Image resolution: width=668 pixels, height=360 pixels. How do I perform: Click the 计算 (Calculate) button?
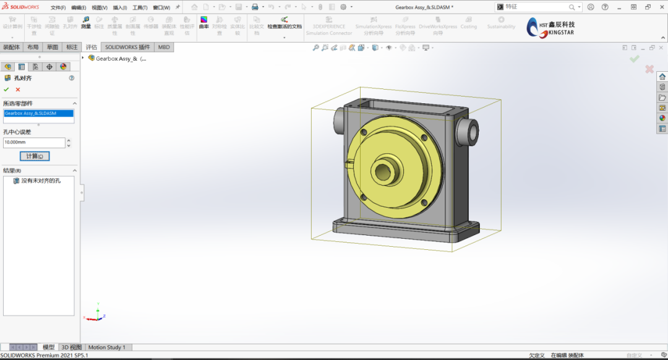(34, 156)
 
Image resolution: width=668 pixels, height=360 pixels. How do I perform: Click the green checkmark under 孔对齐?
(7, 90)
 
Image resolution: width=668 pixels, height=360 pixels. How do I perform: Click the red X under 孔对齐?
(18, 90)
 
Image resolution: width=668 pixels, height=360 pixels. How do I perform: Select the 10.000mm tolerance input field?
(33, 142)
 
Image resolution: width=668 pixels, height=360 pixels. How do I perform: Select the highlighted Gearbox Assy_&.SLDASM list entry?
(38, 113)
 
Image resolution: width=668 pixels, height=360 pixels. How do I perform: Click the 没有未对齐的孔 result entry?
(41, 181)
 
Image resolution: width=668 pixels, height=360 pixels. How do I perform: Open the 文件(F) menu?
(58, 7)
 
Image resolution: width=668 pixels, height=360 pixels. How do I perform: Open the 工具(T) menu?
(139, 7)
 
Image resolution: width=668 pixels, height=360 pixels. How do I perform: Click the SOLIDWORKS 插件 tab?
(127, 47)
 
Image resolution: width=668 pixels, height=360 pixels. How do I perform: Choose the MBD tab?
(164, 47)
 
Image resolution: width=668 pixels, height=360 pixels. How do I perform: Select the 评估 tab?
(92, 47)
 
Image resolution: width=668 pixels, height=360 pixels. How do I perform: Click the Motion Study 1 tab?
(106, 347)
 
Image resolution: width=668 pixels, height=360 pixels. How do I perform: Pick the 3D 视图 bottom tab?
(71, 347)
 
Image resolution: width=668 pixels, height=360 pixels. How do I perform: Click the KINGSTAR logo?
(550, 27)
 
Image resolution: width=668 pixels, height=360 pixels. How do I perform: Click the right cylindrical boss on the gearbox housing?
(467, 131)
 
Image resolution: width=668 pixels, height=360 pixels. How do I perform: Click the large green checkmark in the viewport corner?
(634, 59)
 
